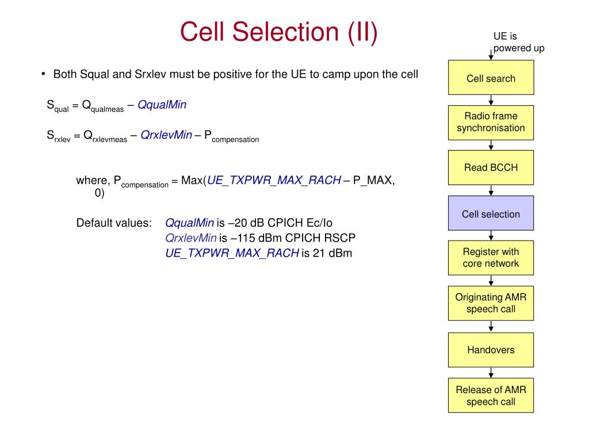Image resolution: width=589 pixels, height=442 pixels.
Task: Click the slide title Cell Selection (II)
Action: tap(279, 32)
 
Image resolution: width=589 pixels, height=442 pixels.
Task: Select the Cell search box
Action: tap(491, 78)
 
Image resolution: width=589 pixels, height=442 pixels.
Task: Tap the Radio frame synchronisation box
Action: tap(491, 123)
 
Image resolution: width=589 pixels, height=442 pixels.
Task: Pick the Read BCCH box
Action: tap(491, 167)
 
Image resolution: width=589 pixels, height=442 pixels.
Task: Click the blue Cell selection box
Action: tap(491, 213)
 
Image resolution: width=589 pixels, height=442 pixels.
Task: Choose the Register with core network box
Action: tap(491, 258)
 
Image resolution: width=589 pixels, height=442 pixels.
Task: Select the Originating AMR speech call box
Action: tap(491, 303)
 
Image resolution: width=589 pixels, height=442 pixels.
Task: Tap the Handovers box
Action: tap(491, 350)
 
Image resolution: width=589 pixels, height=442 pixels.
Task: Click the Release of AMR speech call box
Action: tap(491, 395)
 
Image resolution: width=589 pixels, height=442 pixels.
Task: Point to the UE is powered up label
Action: tap(519, 42)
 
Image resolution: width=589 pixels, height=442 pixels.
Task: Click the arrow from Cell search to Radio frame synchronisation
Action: tap(491, 100)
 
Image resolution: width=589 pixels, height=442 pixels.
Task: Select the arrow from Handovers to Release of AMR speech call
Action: tap(491, 373)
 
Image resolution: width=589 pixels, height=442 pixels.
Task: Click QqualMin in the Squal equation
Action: tap(162, 105)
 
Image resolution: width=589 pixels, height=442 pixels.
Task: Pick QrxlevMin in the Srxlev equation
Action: tap(166, 135)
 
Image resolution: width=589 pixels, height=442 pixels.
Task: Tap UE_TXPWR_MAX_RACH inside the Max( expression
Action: tap(274, 180)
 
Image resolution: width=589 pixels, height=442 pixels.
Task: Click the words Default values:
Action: tap(114, 223)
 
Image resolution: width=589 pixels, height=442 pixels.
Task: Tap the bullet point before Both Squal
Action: tap(44, 74)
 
